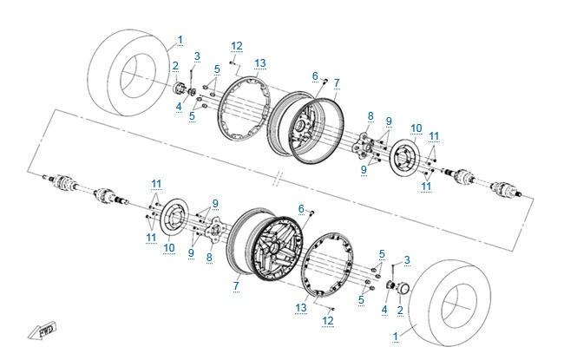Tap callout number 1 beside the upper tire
[x=180, y=40]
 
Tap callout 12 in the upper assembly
[x=236, y=45]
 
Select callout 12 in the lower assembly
[x=327, y=320]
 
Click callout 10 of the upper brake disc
[x=416, y=128]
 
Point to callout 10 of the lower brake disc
[x=169, y=246]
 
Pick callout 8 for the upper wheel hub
[x=370, y=115]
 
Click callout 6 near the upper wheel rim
[x=316, y=76]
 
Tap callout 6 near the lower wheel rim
[x=301, y=208]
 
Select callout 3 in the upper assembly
[x=196, y=56]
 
